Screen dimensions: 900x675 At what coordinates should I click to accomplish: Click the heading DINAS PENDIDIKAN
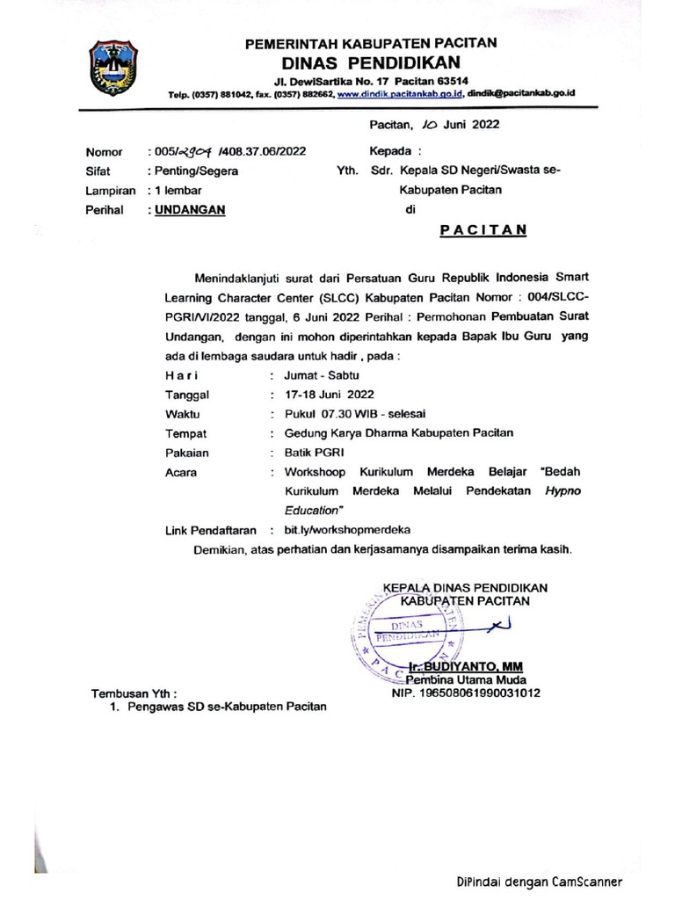click(370, 62)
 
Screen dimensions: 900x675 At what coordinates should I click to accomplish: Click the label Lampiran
click(110, 191)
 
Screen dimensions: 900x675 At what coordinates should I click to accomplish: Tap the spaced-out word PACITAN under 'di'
click(483, 230)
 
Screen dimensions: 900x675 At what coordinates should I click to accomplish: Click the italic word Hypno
click(562, 491)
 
